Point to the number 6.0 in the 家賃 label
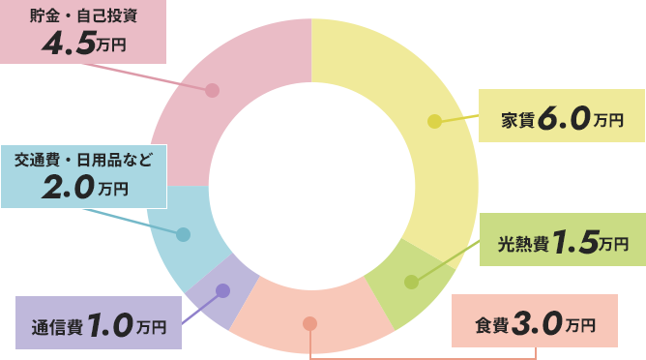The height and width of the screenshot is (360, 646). point(565,120)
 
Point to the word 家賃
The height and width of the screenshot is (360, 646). point(514,122)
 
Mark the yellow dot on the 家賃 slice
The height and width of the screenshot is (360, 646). point(434,121)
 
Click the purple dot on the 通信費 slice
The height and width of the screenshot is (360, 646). point(222,290)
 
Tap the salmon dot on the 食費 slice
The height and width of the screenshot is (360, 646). point(309,323)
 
